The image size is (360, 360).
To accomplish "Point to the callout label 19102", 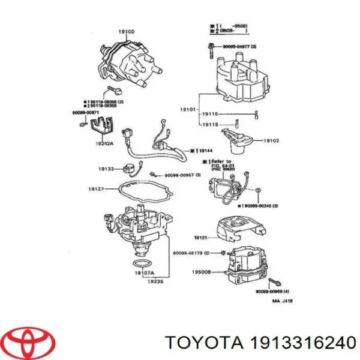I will pos(271,140).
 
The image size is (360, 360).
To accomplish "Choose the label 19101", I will pos(188,110).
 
